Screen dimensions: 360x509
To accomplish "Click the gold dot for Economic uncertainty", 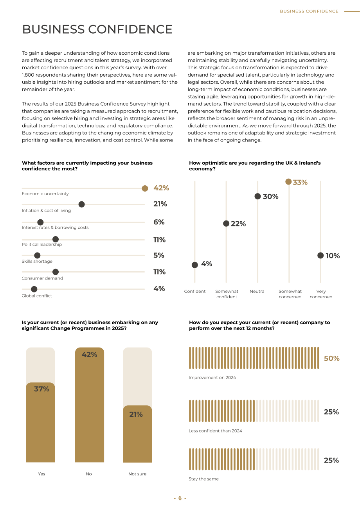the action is point(145,188).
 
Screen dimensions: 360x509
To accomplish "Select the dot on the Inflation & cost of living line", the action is point(82,204).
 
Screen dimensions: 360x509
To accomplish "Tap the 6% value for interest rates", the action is point(159,222).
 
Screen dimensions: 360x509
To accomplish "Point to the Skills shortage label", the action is point(37,261).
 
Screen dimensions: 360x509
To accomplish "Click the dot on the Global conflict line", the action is point(34,289).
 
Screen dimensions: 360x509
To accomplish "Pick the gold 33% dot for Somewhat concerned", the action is point(288,181).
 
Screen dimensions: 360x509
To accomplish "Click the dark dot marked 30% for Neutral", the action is point(257,196).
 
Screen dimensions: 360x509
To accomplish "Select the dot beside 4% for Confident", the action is point(195,265).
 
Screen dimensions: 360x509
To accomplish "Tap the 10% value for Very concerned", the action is point(333,256).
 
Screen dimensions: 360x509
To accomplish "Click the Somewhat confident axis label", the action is point(227,294).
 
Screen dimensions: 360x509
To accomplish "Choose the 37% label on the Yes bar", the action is point(41,389).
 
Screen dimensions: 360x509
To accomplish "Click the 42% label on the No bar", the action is point(89,355).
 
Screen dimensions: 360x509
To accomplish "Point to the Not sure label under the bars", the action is point(137,474).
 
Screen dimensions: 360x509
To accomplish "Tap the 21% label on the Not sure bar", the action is point(136,414).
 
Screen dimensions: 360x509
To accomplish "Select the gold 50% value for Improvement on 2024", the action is point(331,358).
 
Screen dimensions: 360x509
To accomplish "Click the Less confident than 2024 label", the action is point(215,431).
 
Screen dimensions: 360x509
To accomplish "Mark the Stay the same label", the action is point(203,479).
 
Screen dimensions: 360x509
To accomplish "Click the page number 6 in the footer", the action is point(180,498).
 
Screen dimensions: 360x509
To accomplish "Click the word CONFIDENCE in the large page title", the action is point(130,29).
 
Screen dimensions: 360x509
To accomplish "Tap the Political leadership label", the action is point(42,244).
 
